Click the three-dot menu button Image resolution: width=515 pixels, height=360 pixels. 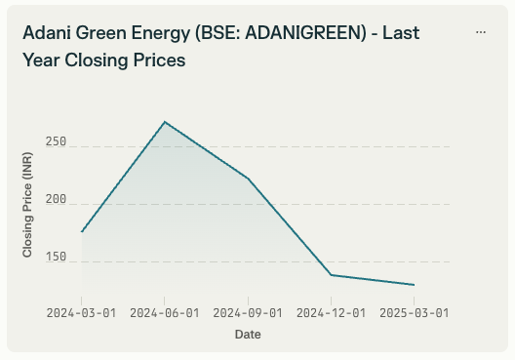coord(481,32)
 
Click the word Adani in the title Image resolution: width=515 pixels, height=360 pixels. coord(46,32)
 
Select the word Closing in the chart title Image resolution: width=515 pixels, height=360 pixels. coord(94,60)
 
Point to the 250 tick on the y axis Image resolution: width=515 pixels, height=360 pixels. coord(56,142)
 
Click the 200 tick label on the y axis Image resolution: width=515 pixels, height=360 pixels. coord(56,200)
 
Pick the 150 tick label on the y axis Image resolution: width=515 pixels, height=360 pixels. coord(56,258)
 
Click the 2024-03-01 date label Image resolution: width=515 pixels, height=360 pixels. coord(82,313)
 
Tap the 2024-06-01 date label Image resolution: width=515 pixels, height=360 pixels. coord(165,313)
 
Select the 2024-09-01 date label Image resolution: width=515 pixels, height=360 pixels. coord(248,313)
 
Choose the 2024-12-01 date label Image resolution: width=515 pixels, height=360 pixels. coord(331,313)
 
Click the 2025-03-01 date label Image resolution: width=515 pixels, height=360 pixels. coord(414,313)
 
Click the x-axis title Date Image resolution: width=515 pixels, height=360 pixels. coord(248,335)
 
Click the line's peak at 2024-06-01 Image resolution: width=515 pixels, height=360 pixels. coord(165,122)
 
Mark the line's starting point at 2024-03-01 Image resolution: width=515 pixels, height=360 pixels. coord(82,232)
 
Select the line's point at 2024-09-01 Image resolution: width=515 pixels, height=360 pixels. coord(248,179)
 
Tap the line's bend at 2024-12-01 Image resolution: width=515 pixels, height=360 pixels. coord(331,275)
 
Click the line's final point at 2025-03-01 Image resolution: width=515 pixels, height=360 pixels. coord(414,285)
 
